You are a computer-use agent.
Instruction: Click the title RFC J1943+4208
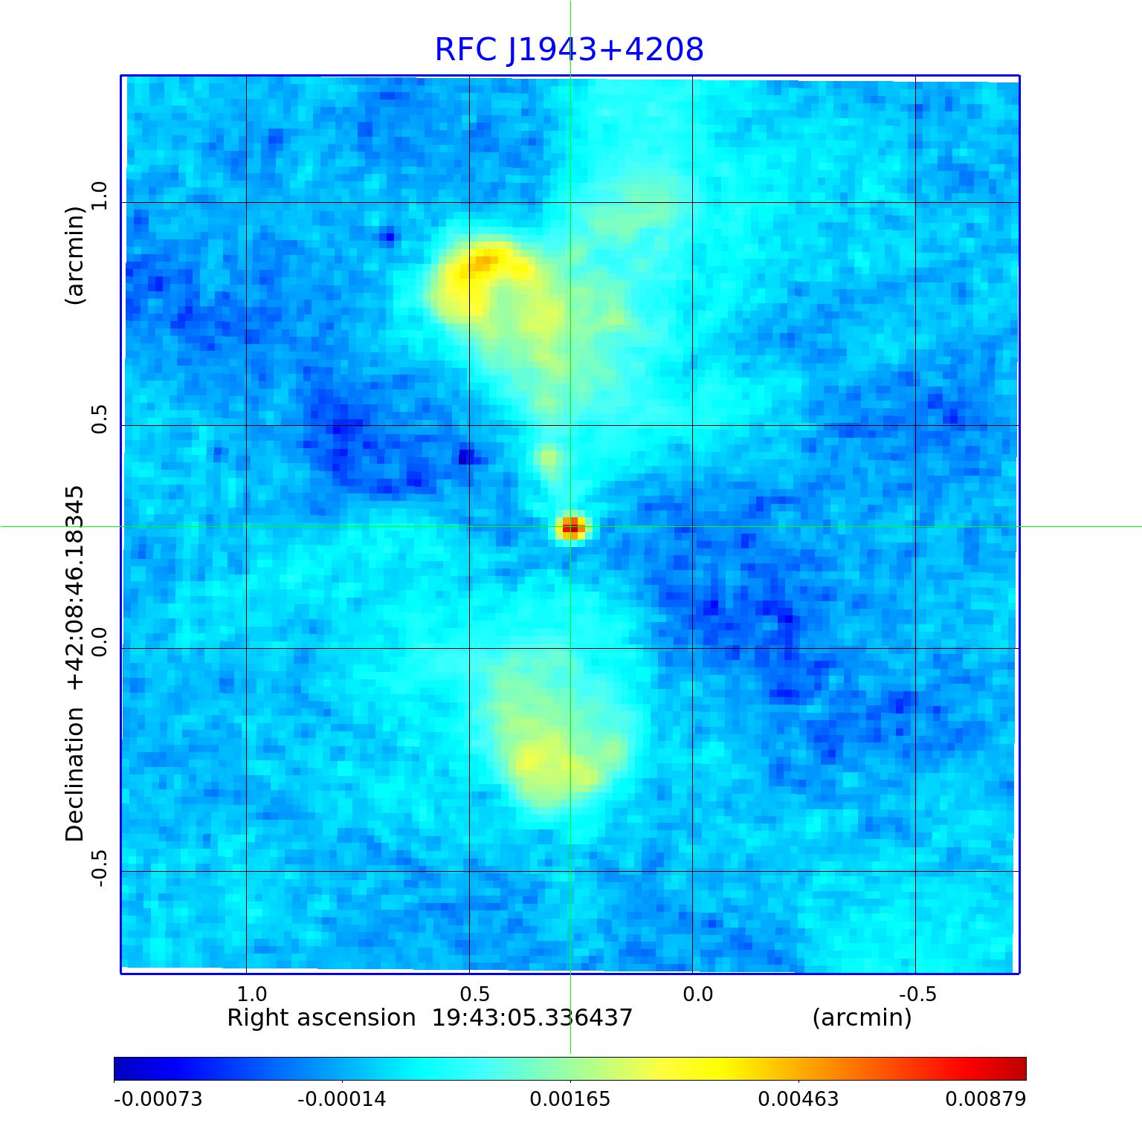coord(569,50)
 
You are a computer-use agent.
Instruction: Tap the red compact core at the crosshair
coord(571,528)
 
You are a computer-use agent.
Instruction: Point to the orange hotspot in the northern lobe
coord(485,262)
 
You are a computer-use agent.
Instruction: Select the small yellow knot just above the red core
coord(548,457)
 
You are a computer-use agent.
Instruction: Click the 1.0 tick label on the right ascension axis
coord(251,994)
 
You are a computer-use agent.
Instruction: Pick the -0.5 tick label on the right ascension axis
coord(917,994)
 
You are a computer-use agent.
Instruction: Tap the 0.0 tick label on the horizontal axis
coord(697,994)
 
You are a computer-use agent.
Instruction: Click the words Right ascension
coord(321,1017)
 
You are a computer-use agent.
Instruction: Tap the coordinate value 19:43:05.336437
coord(532,1017)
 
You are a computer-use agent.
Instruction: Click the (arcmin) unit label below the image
coord(862,1017)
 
